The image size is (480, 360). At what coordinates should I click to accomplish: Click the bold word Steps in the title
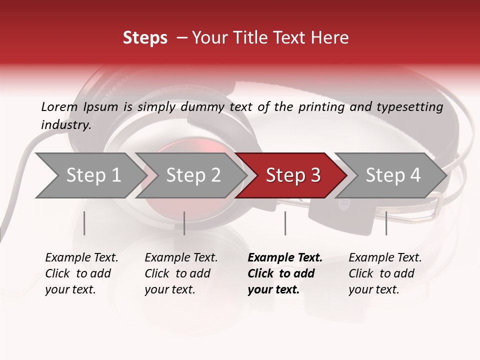click(145, 38)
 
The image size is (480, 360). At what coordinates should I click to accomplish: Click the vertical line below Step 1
click(84, 223)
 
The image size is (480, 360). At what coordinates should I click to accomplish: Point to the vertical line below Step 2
click(184, 223)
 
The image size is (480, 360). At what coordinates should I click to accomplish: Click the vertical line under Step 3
click(285, 223)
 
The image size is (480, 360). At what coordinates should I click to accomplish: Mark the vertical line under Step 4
click(386, 223)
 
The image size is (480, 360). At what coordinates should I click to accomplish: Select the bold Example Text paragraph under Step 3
click(284, 273)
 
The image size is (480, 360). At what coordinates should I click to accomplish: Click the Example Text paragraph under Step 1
click(81, 273)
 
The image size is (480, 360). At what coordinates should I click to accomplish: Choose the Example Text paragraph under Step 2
click(181, 273)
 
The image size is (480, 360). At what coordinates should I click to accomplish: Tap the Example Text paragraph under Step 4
click(385, 273)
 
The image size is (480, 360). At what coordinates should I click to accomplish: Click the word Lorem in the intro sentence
click(59, 107)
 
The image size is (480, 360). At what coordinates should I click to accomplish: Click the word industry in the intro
click(65, 125)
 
